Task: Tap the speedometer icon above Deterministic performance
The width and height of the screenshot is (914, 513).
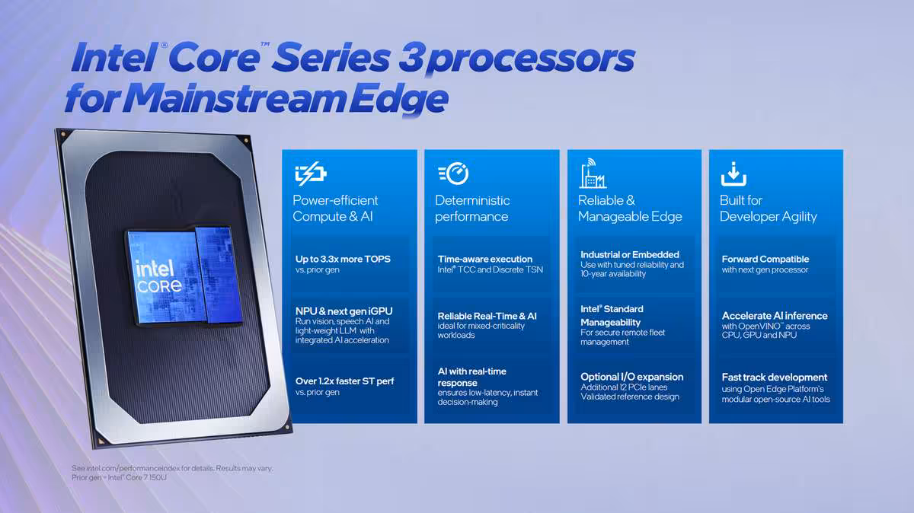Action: click(453, 174)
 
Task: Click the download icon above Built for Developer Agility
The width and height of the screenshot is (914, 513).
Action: click(733, 174)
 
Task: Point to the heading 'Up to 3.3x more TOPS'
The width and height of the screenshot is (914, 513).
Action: click(343, 259)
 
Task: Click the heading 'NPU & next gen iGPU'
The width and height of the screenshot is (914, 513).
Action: click(344, 311)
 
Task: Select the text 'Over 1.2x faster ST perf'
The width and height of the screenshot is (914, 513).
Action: click(344, 381)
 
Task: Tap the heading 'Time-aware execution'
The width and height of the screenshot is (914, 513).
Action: click(485, 259)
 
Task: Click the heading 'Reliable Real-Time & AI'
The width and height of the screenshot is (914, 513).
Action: click(487, 316)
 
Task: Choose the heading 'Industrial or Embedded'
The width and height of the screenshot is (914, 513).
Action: click(630, 254)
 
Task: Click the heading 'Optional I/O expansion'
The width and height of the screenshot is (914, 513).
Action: click(632, 377)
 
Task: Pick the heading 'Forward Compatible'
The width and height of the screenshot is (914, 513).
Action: click(765, 259)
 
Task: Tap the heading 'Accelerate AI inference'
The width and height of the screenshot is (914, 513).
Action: click(775, 316)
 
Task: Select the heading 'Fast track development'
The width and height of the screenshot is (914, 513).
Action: click(775, 377)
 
